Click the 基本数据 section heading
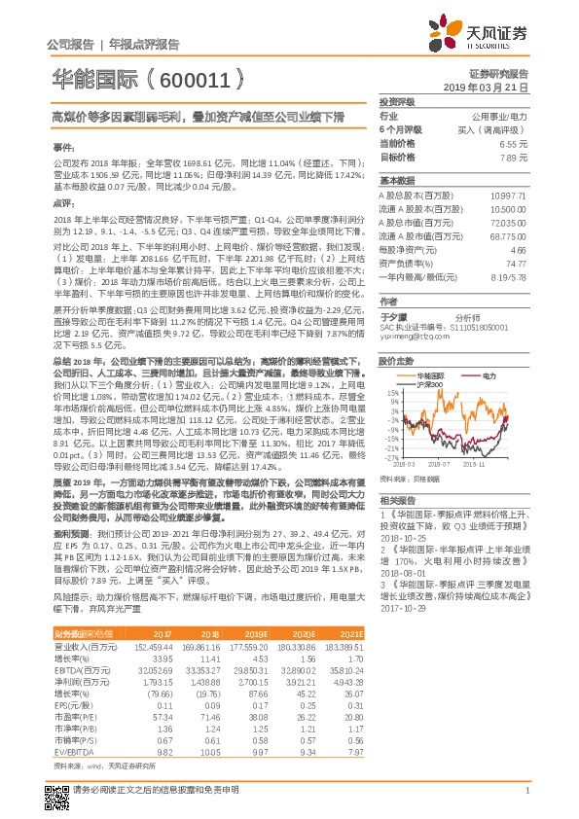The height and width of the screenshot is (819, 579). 396,181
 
